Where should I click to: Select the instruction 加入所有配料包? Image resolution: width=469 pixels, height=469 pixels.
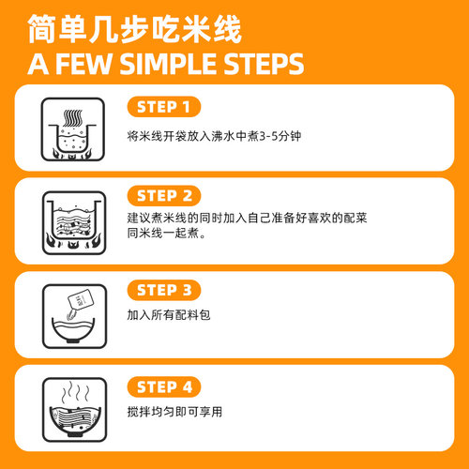pyautogui.click(x=166, y=316)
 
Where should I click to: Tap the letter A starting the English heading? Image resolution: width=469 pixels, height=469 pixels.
pyautogui.click(x=37, y=65)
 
